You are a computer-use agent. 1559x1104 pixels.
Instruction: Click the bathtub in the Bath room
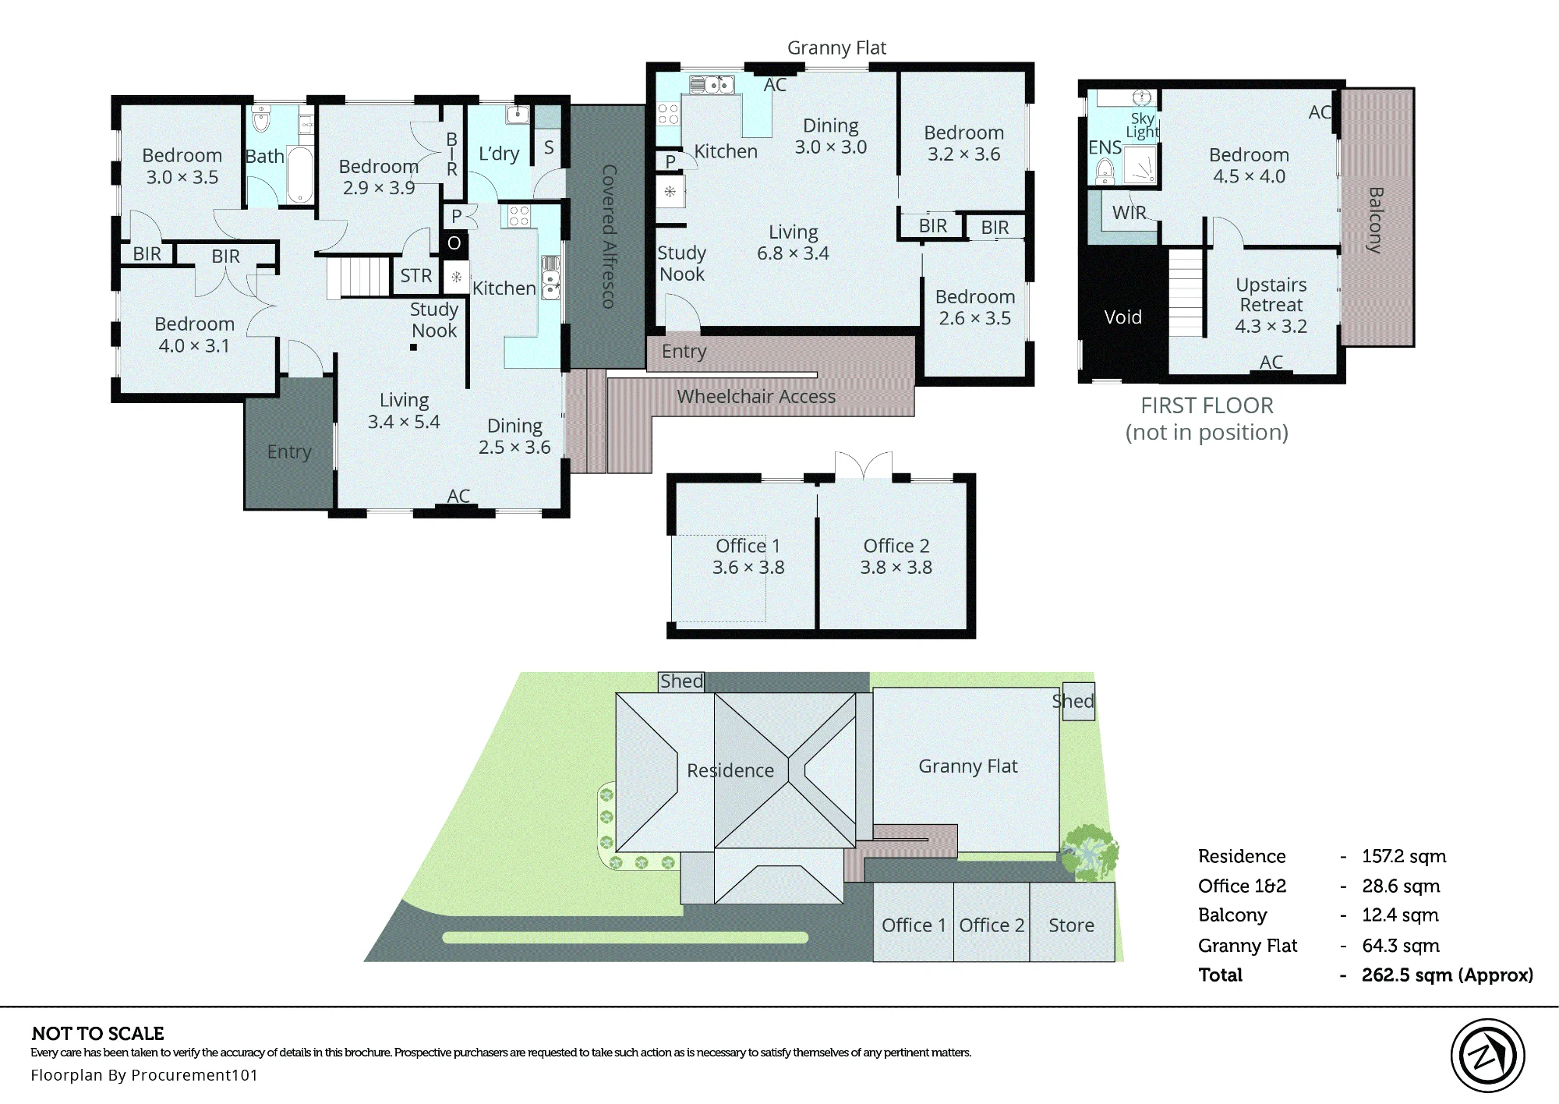300,174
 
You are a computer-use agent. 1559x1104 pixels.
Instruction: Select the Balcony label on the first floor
1376,220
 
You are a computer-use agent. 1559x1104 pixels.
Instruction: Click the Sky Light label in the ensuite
1142,126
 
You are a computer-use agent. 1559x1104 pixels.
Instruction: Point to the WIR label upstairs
1129,213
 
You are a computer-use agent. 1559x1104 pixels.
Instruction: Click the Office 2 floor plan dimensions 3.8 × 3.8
896,568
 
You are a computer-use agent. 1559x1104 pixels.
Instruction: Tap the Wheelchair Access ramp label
756,397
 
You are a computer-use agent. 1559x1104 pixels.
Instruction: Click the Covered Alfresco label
609,236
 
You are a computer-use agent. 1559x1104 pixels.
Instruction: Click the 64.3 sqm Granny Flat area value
1401,946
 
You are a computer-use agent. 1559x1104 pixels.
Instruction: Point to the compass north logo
1487,1056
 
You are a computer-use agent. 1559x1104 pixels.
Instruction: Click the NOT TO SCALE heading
98,1034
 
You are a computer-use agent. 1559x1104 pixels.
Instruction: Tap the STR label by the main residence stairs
416,275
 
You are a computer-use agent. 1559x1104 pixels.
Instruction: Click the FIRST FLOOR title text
1207,405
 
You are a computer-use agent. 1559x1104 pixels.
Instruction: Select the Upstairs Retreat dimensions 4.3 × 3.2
1271,327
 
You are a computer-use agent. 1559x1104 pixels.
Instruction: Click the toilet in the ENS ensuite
1105,170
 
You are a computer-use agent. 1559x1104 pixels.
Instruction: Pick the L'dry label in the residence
499,154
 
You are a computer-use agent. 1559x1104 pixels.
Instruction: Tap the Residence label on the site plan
730,770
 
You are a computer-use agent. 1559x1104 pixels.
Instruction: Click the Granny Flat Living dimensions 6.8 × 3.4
793,253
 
